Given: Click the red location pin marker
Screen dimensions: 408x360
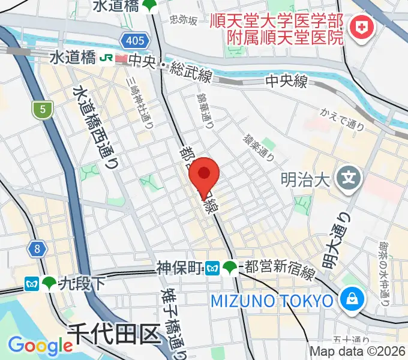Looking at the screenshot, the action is pyautogui.click(x=204, y=174).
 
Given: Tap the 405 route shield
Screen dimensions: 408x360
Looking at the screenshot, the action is pyautogui.click(x=136, y=41).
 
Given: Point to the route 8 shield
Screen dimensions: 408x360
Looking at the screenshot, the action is pyautogui.click(x=37, y=248).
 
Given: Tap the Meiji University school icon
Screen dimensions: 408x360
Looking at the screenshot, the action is pyautogui.click(x=349, y=178).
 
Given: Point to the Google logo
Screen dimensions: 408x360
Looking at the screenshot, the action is pyautogui.click(x=40, y=345).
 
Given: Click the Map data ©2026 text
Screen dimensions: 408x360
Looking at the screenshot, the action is pyautogui.click(x=358, y=352).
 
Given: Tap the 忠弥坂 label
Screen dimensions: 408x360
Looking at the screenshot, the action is pyautogui.click(x=184, y=21).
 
